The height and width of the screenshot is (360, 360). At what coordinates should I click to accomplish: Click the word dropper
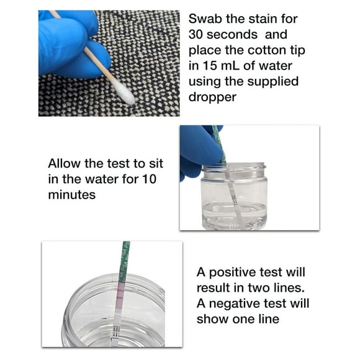click(x=214, y=97)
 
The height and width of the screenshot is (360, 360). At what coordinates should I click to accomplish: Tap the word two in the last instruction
click(x=256, y=288)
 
